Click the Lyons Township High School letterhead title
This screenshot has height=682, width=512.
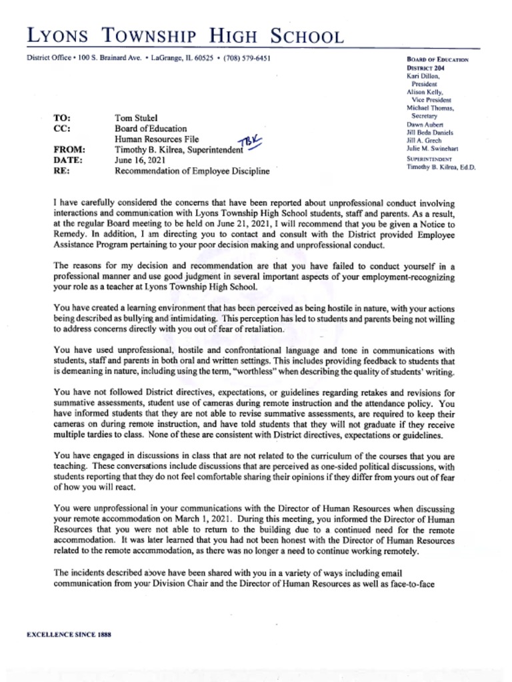click(185, 36)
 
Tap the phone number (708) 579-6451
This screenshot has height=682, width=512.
click(247, 58)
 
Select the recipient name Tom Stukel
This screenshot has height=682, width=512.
click(136, 118)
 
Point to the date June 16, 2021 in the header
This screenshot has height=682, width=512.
click(139, 161)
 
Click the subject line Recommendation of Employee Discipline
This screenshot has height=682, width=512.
click(192, 171)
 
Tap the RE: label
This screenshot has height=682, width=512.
click(61, 171)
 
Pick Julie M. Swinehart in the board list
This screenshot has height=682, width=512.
click(432, 149)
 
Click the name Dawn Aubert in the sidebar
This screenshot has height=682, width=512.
click(423, 125)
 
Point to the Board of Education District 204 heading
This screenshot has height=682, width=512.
click(437, 63)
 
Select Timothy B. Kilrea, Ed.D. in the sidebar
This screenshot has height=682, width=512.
click(441, 167)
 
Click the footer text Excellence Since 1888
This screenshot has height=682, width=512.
click(69, 635)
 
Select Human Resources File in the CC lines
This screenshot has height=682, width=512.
click(157, 139)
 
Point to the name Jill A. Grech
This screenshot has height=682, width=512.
click(424, 141)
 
